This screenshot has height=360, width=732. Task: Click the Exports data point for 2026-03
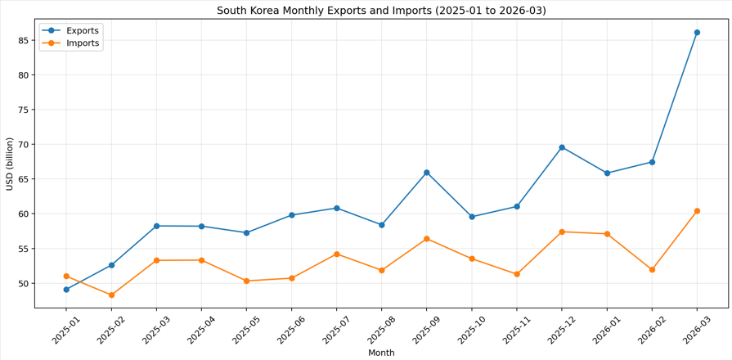click(x=697, y=33)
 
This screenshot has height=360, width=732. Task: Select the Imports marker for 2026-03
click(x=697, y=211)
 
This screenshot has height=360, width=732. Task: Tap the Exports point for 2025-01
click(x=66, y=290)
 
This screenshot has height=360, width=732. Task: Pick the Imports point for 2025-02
click(x=111, y=295)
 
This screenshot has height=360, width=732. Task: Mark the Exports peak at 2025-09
click(x=426, y=173)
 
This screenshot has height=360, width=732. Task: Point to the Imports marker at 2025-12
click(x=562, y=232)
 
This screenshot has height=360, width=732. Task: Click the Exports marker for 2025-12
click(x=562, y=147)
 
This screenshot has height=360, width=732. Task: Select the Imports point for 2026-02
click(x=652, y=269)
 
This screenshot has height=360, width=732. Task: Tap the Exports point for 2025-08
click(x=381, y=225)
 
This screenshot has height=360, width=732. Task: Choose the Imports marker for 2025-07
click(x=336, y=254)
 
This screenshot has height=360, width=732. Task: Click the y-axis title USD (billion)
click(x=10, y=164)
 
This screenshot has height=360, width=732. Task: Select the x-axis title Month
click(x=381, y=353)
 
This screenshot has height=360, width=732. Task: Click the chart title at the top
click(x=381, y=11)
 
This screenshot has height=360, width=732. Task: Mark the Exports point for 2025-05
click(x=246, y=232)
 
